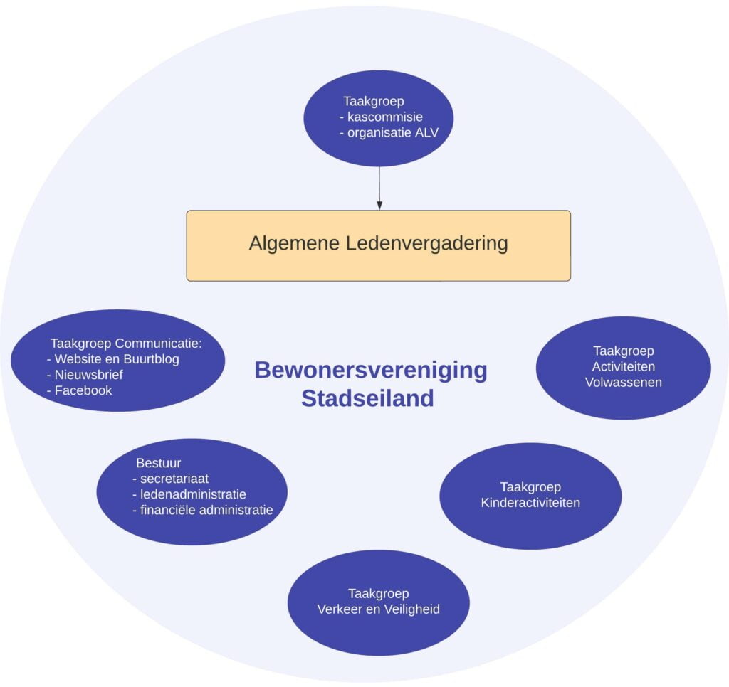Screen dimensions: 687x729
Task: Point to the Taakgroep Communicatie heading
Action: click(x=126, y=343)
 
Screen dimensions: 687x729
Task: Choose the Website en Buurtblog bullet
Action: click(x=117, y=359)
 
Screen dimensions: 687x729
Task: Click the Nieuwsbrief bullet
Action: click(x=89, y=375)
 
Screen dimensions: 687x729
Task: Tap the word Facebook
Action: click(x=83, y=390)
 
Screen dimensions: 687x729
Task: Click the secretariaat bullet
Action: click(x=174, y=479)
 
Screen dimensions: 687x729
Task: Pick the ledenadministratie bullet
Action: click(x=193, y=494)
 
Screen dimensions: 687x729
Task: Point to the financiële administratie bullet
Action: click(x=206, y=510)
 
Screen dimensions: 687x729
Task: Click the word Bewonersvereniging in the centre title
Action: click(x=370, y=371)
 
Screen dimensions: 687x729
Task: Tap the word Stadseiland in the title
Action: click(x=367, y=398)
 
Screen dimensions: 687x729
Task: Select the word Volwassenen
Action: click(x=624, y=383)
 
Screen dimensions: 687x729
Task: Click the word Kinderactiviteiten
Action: click(x=530, y=503)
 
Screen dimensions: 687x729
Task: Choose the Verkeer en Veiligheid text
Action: click(x=378, y=609)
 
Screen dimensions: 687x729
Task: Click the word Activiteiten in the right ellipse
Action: click(x=624, y=367)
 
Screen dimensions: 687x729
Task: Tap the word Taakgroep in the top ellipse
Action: click(x=374, y=101)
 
